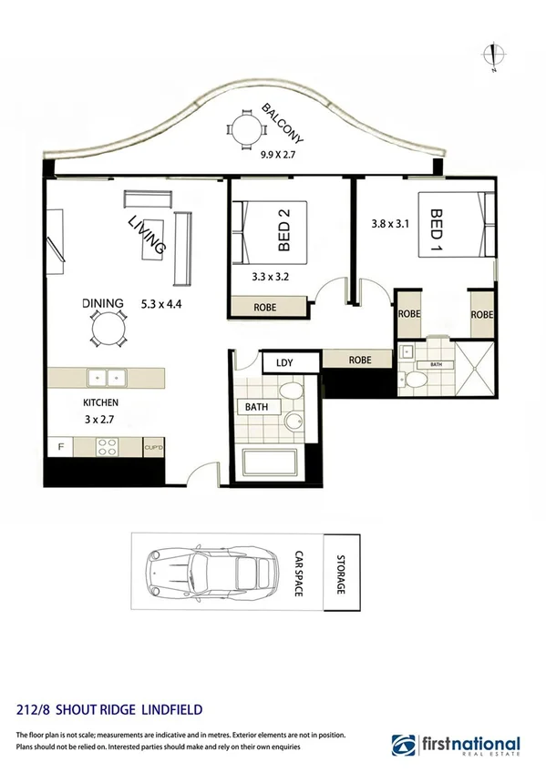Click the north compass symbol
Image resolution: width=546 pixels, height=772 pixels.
tap(493, 56)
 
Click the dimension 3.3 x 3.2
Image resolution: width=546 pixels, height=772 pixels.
tap(270, 279)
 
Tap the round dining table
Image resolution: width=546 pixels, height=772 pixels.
tap(108, 329)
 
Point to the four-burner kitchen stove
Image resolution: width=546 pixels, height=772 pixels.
tap(108, 447)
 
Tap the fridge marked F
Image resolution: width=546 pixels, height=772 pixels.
tap(61, 447)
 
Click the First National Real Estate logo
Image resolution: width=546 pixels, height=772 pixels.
tap(456, 744)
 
